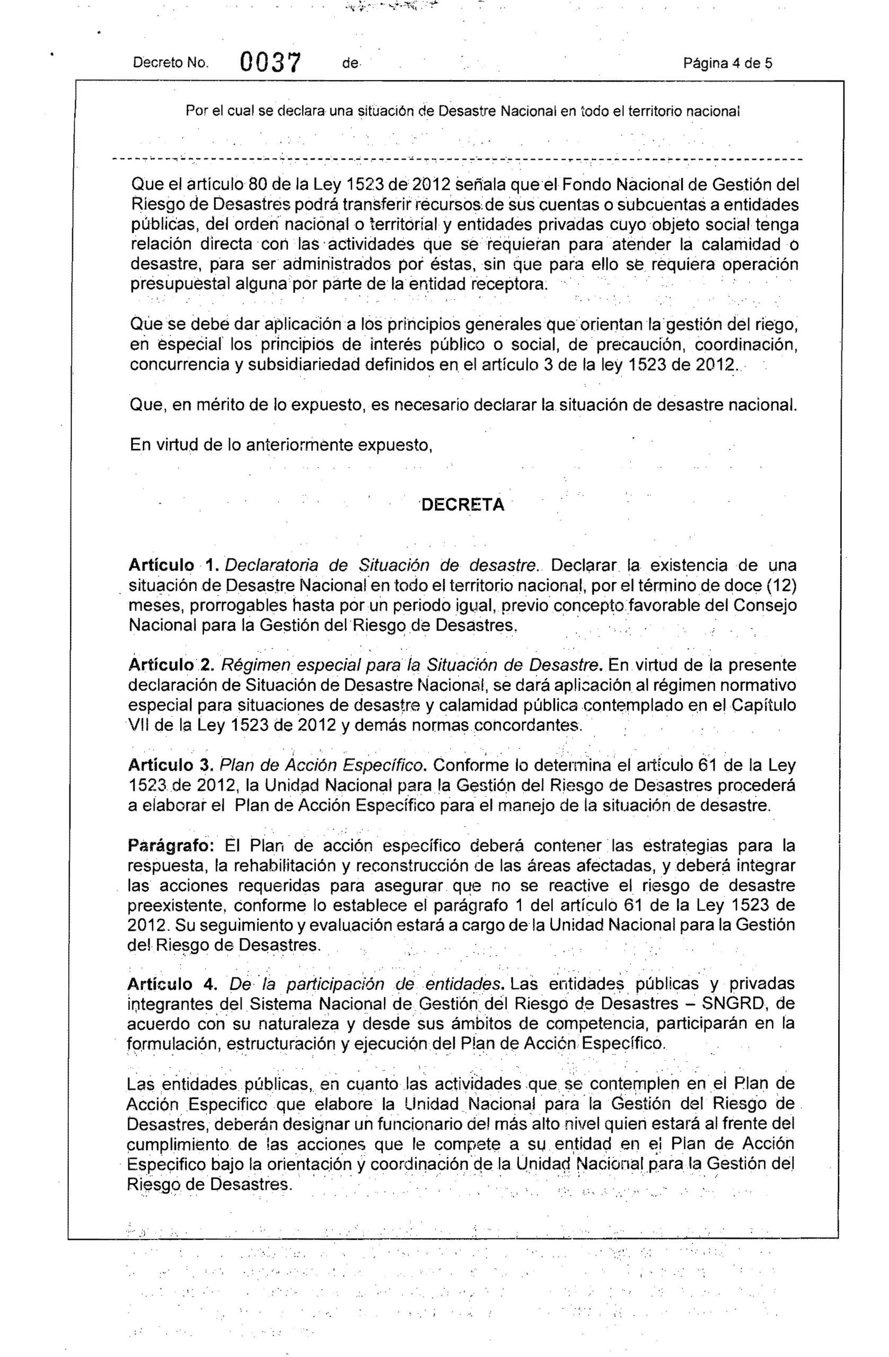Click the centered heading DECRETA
click(x=462, y=505)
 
